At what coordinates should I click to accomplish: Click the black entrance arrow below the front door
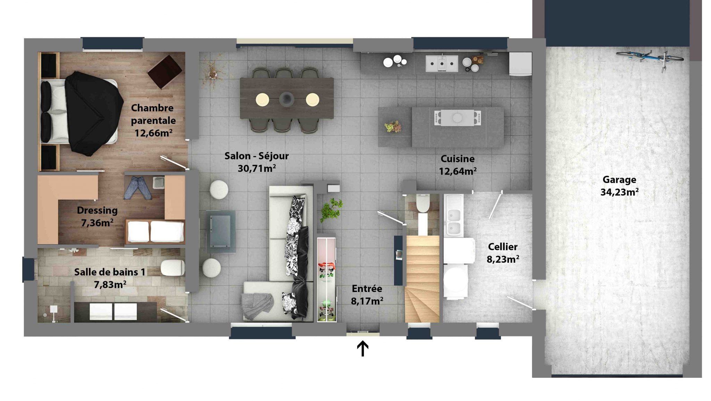363,348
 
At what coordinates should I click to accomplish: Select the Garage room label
620,186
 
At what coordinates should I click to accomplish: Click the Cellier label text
503,247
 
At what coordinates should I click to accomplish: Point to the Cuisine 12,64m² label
458,165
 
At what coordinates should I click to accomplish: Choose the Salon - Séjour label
257,162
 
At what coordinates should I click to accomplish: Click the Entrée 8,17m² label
367,295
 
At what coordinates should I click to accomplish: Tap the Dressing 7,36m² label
97,216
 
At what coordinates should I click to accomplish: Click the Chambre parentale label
153,120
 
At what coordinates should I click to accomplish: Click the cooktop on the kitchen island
458,118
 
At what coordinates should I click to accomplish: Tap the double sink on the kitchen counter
442,64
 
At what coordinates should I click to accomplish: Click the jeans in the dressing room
138,187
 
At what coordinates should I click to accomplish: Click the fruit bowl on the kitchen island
393,126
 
